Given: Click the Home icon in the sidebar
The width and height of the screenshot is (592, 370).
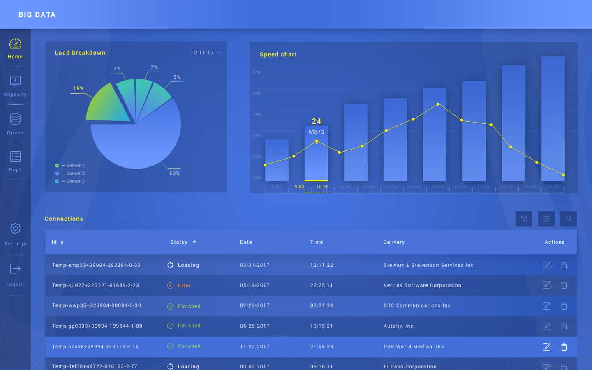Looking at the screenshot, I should coord(15,44).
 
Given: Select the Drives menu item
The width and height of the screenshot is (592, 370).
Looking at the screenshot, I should coord(15,124).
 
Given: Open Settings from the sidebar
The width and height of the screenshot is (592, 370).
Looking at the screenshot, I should coord(15,234).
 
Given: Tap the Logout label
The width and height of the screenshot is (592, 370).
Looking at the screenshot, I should coord(15,284).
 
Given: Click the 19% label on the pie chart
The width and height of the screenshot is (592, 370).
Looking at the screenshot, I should coord(78,88).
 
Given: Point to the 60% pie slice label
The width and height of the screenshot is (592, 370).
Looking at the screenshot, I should coord(174,173).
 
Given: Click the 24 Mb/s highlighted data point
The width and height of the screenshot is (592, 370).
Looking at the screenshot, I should coord(317,141).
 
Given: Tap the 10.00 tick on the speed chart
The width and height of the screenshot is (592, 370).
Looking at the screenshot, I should coord(322,187).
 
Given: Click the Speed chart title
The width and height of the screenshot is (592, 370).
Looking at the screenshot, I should coord(278,54).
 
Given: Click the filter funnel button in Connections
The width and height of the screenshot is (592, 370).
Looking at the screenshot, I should coord(524,219).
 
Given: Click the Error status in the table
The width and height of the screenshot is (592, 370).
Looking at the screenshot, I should coord(184,286).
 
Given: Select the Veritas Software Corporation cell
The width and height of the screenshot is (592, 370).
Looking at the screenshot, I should coord(422,285).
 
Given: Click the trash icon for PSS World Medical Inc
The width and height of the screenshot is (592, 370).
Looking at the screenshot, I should coord(564,347).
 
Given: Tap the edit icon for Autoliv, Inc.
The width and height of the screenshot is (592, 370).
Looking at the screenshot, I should coord(547,326).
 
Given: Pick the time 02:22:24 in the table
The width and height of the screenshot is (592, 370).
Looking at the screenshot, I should coord(321,305).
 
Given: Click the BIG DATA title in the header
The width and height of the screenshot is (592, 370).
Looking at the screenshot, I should coord(37,15).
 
